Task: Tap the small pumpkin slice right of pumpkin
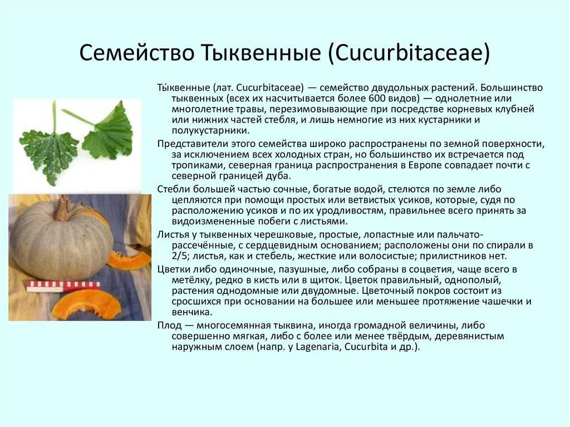coord(129,260)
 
